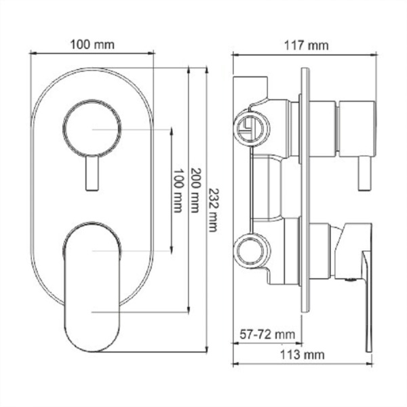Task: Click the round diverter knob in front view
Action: [93, 129]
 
